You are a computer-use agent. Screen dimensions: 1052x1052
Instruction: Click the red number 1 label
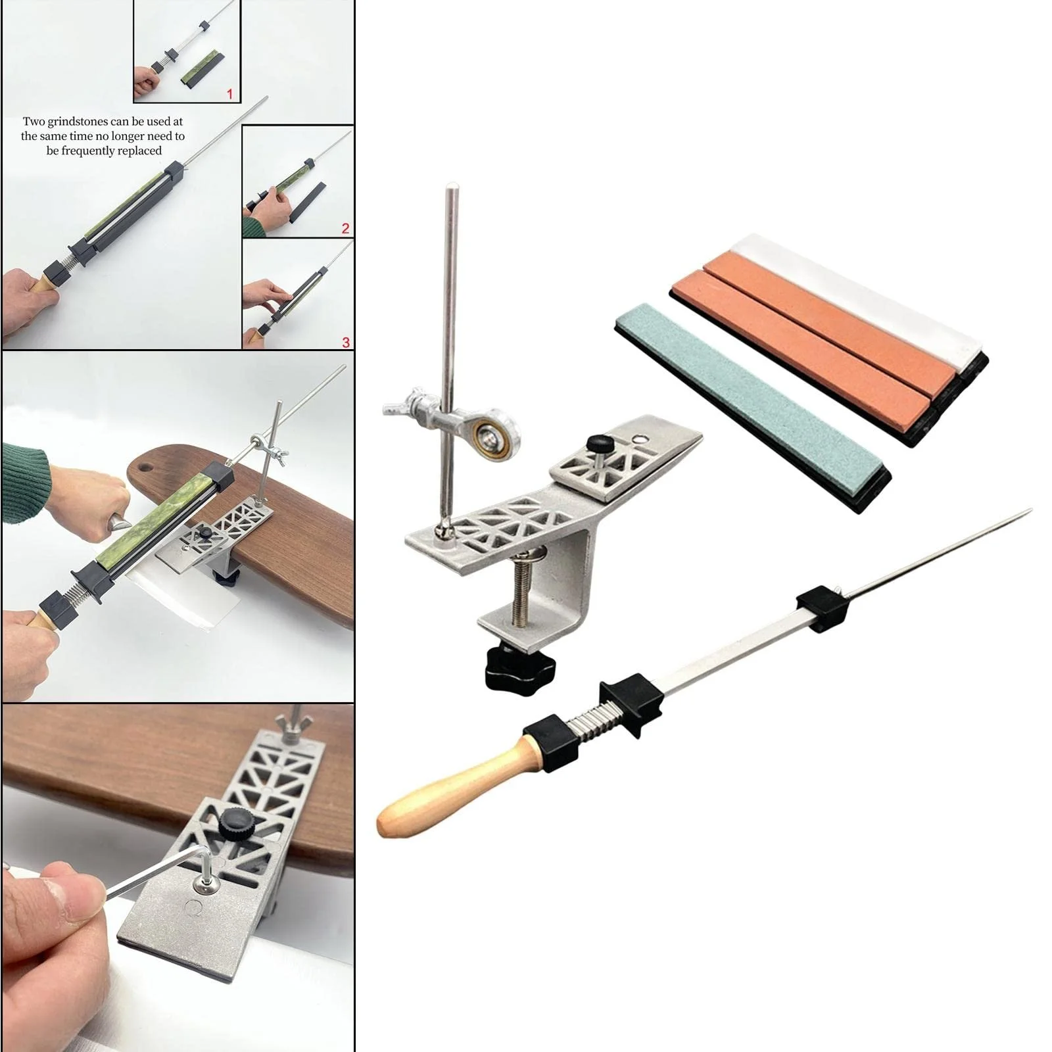229,94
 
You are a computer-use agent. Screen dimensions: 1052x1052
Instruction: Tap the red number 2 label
346,229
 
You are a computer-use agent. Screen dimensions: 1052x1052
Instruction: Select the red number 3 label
346,342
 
